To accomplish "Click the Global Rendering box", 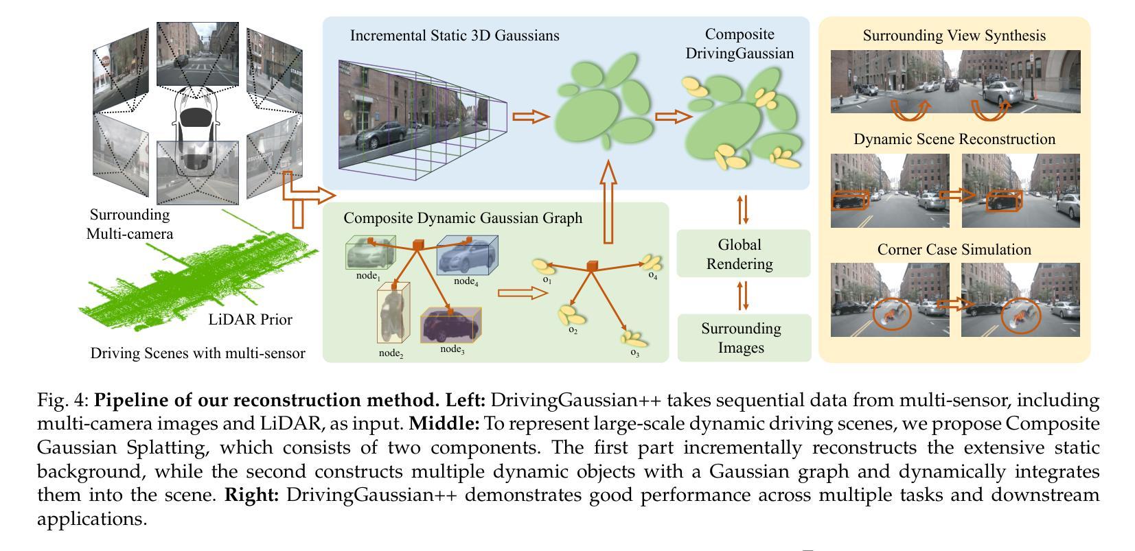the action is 743,254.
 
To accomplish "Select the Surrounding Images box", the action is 744,338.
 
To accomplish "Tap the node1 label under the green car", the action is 368,276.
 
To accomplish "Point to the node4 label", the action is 466,281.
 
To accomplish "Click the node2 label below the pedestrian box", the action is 391,353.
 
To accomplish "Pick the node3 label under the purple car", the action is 452,349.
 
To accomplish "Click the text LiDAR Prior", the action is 251,320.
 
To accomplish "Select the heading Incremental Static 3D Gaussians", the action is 455,36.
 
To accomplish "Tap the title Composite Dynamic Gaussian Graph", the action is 463,218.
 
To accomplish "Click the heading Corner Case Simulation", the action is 954,249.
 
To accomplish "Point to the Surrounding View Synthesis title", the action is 954,36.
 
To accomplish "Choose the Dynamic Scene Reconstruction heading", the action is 954,139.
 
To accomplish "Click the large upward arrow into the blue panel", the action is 608,202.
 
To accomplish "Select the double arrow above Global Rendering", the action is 742,210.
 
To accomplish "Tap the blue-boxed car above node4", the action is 467,255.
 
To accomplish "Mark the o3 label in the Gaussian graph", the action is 635,353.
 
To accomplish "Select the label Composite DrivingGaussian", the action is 740,43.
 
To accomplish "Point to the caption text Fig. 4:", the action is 63,400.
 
